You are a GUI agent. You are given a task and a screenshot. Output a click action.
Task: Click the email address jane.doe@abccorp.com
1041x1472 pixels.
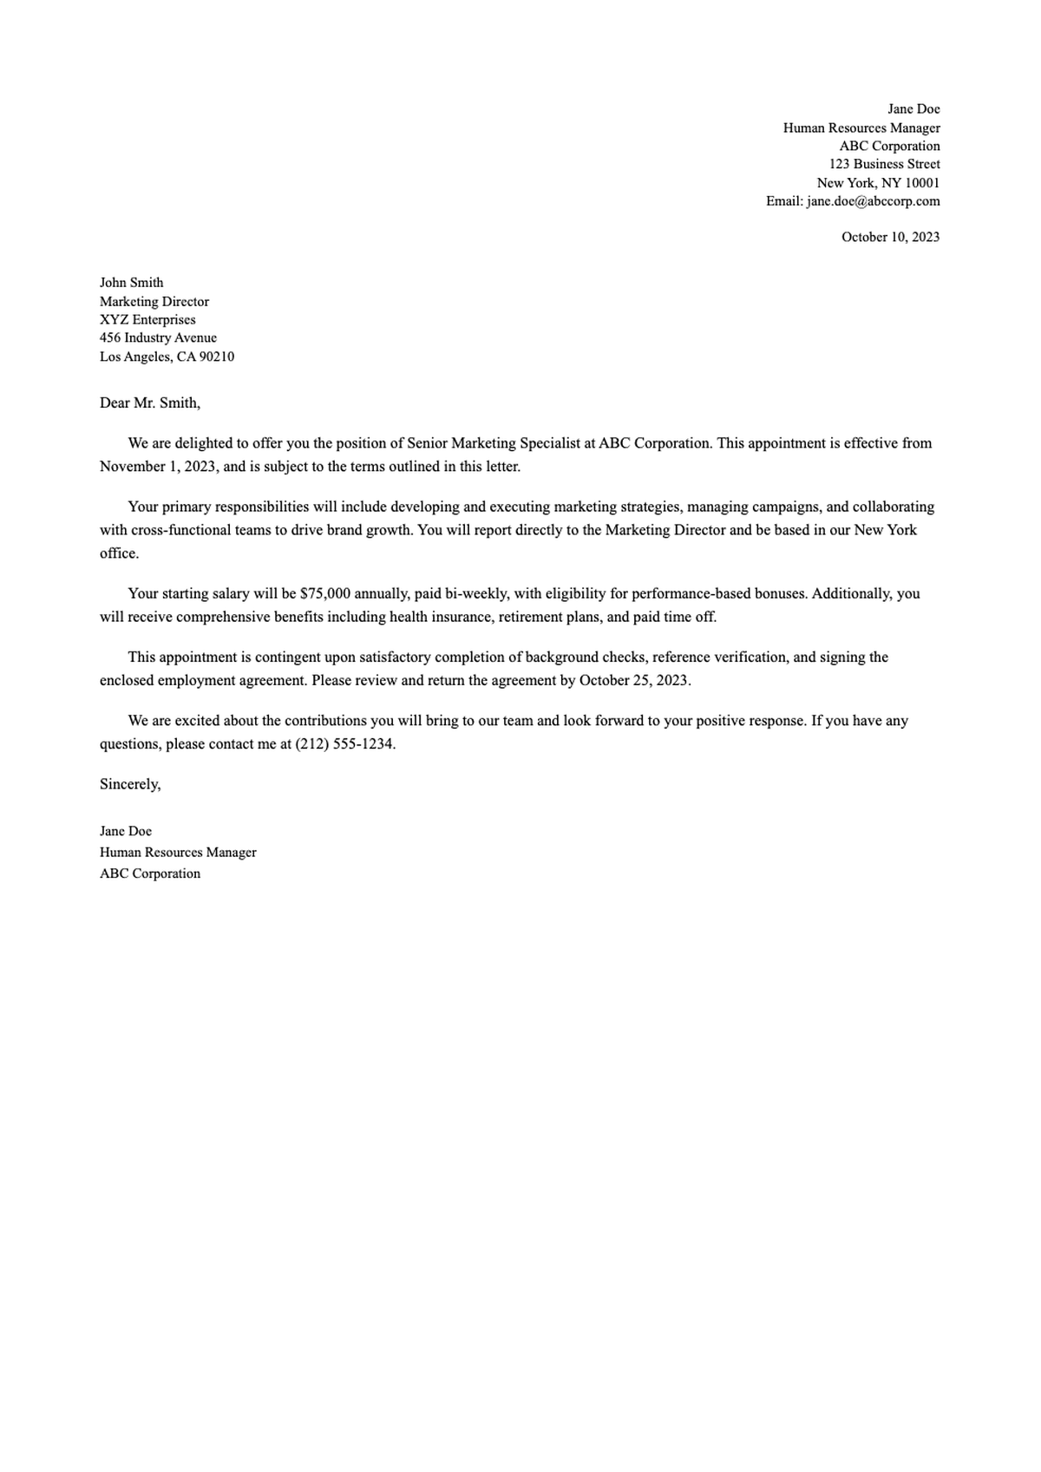coord(873,201)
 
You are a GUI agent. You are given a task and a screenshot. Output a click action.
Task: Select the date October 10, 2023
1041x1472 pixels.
coord(890,237)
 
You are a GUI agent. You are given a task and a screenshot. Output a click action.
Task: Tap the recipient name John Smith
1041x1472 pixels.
coord(131,283)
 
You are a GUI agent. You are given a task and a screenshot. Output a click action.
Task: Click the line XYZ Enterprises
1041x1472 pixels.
coord(147,319)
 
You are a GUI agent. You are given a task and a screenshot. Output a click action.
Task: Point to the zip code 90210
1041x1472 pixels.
coord(217,357)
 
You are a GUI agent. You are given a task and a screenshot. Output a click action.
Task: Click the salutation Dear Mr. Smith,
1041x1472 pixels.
coord(149,402)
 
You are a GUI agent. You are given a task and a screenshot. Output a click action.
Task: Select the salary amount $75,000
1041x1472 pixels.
coord(324,594)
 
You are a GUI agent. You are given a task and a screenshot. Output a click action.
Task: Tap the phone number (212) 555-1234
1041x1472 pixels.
coord(344,744)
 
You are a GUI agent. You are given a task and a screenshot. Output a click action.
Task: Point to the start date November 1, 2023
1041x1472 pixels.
coord(158,467)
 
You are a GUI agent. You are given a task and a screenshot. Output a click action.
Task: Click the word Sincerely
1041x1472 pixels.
coord(129,784)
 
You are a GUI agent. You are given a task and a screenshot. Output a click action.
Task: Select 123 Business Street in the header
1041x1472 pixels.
coord(884,164)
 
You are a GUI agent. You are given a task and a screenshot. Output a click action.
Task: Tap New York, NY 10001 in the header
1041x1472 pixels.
coord(878,183)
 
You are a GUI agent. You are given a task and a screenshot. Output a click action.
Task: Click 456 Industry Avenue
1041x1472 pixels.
coord(158,337)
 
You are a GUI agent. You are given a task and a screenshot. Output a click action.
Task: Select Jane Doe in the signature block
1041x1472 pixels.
coord(126,831)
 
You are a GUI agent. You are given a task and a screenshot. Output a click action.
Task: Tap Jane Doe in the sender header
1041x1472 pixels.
coord(913,109)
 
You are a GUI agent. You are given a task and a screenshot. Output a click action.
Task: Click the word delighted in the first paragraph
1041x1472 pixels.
coord(204,443)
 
